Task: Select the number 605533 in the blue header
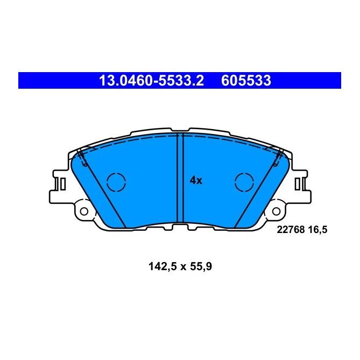coord(245,81)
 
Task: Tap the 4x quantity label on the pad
coord(196,181)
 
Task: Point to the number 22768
coord(289,229)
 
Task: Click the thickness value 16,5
coord(317,229)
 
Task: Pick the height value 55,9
coord(201,265)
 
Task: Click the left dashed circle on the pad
coord(116,182)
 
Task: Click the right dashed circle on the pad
coord(244,182)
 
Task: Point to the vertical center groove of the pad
coord(181,178)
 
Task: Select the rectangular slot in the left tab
coord(62,184)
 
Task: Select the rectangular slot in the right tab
coord(298,184)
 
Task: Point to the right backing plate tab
coord(300,186)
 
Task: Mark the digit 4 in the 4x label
coord(193,181)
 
